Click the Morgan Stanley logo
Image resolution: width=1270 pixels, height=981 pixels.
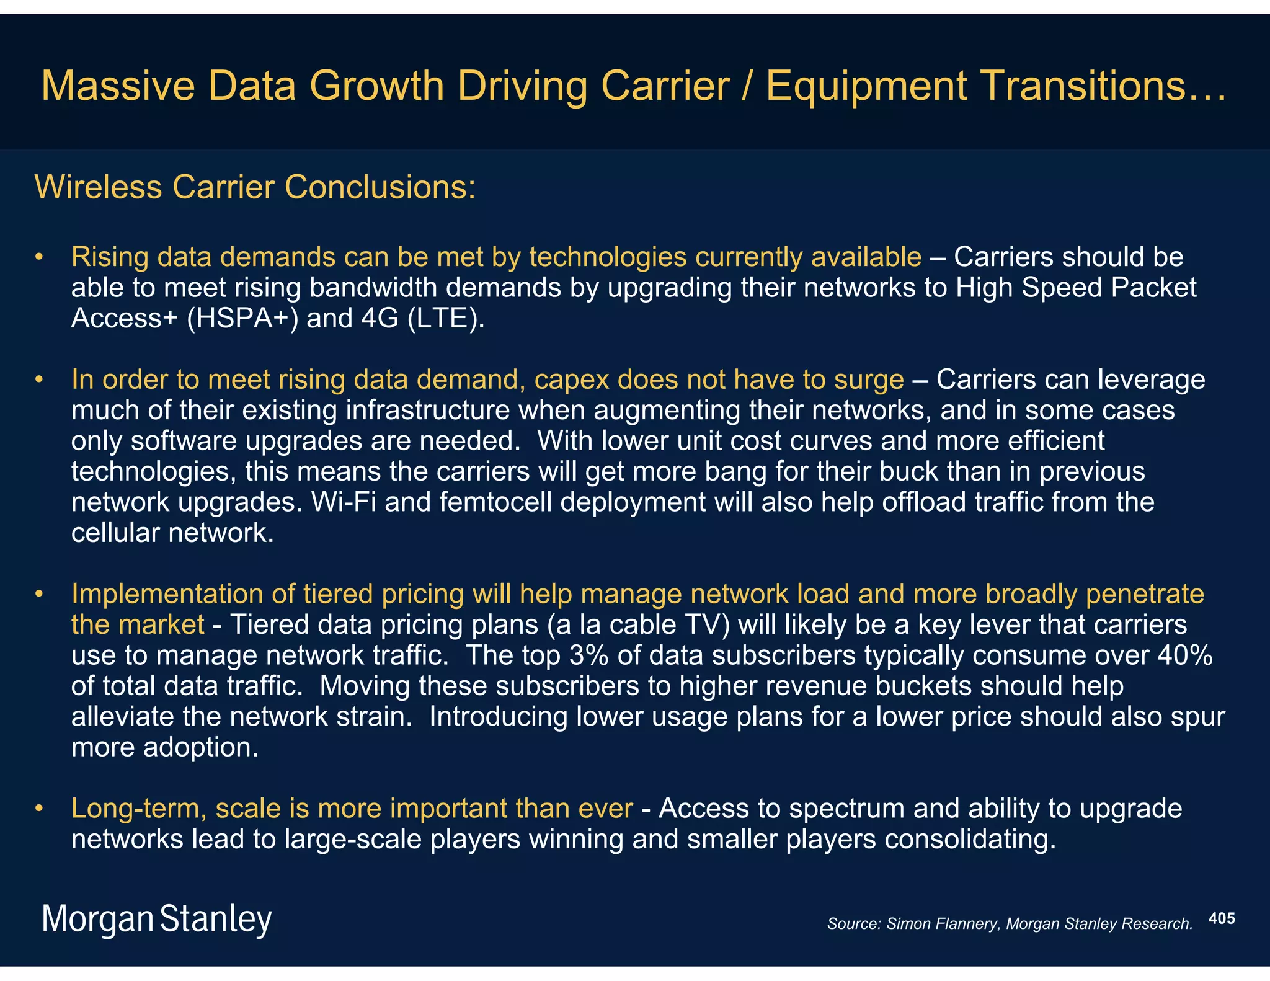tap(156, 919)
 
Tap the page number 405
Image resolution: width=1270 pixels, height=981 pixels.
tap(1222, 918)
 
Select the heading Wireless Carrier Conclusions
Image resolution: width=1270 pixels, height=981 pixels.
tap(255, 187)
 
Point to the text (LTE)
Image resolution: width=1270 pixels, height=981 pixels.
tap(446, 318)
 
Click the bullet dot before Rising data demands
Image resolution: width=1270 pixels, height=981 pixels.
tap(39, 257)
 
